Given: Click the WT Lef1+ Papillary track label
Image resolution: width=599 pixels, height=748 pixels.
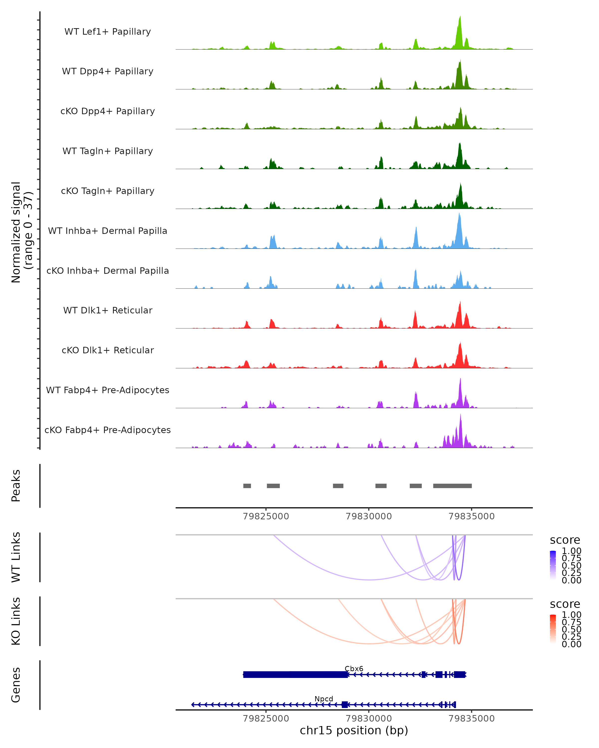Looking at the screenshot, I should [108, 32].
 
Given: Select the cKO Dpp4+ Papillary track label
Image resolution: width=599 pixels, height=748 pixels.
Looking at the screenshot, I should [108, 111].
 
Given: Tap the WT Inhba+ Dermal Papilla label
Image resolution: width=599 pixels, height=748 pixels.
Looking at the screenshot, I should [108, 231].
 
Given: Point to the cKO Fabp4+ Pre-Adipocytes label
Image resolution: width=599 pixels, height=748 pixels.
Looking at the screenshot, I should [108, 430].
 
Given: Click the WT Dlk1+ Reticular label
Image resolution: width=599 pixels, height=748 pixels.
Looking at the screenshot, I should [108, 310].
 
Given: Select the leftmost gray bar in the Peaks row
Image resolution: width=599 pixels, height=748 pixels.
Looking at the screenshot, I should [247, 486].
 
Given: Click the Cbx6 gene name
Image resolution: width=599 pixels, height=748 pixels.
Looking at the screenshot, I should [354, 668].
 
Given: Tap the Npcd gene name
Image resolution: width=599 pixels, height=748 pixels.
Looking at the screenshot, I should [324, 699].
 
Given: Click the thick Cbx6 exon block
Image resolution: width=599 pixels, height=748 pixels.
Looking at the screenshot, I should [295, 674].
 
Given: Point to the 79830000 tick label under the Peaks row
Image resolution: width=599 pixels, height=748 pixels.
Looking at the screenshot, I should [369, 516].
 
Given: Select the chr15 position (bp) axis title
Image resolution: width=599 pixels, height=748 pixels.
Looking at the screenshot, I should [354, 731].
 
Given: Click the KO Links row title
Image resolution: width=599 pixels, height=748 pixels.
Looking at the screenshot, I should [16, 621].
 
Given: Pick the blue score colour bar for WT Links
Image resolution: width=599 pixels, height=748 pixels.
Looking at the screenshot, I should [553, 565].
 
